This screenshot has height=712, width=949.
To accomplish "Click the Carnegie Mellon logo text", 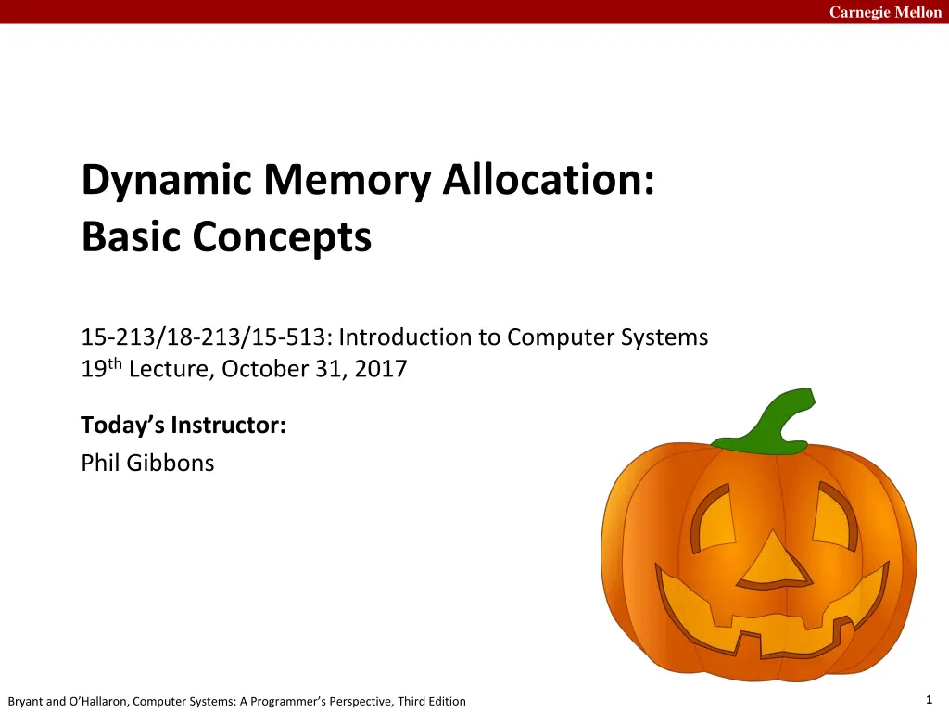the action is [x=885, y=12].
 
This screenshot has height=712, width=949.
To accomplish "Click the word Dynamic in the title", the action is [x=167, y=181].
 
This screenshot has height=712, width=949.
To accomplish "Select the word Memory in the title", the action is [x=347, y=181].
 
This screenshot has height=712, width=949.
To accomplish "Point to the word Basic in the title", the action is [x=131, y=236].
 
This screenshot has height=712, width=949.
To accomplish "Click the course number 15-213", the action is [x=118, y=337].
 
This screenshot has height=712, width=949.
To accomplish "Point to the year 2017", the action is [x=381, y=369].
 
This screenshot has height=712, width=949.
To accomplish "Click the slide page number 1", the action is [x=929, y=700].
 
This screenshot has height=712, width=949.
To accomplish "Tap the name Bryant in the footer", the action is [x=25, y=701].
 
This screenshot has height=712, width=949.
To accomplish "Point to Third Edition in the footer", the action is [x=432, y=701].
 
